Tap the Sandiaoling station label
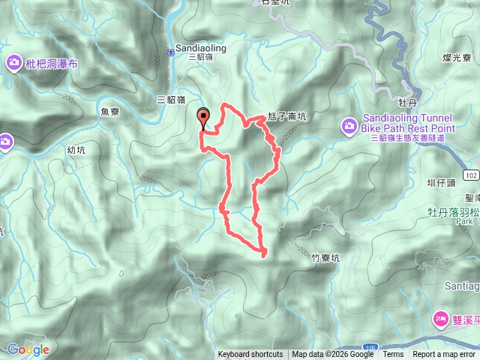[200, 47]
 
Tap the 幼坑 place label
[76, 150]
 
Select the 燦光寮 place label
[456, 57]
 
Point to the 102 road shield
[470, 174]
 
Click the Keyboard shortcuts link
[250, 355]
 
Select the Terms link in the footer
[393, 355]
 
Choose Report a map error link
[444, 355]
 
